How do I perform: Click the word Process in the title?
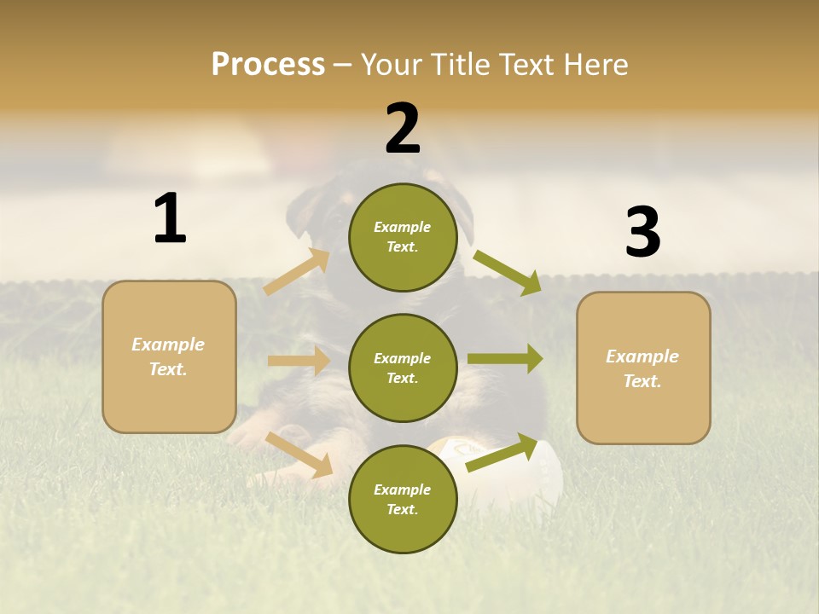268,64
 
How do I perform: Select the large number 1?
170,218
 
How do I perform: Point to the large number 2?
403,129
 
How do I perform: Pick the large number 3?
642,232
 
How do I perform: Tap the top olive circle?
403,237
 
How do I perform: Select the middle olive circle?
403,368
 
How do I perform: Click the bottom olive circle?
403,499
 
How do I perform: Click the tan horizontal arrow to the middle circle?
299,361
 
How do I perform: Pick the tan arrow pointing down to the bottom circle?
299,455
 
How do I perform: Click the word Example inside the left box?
168,345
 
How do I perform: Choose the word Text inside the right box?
642,381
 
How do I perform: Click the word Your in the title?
392,64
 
